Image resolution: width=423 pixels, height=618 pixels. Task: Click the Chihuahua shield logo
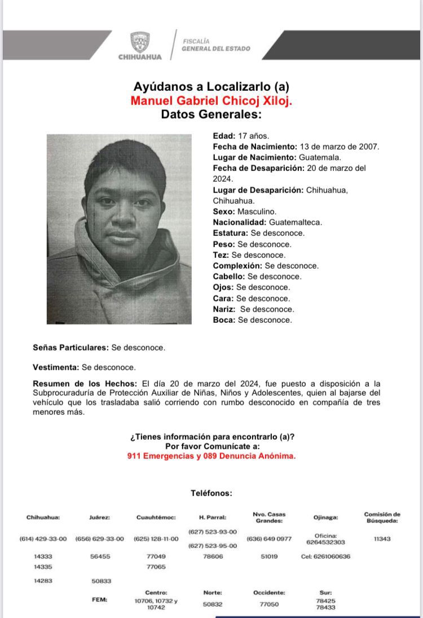140,41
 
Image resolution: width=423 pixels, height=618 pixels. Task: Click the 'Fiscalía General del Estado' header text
215,45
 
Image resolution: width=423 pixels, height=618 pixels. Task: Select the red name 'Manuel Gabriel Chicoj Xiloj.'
211,100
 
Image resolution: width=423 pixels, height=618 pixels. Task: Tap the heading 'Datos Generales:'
211,114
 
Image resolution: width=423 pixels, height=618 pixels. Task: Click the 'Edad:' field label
223,135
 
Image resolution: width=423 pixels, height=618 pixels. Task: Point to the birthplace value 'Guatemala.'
320,157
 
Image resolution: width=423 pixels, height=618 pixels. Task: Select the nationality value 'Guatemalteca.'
296,222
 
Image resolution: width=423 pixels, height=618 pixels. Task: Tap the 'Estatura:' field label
230,233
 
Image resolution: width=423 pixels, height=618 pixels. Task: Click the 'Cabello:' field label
229,277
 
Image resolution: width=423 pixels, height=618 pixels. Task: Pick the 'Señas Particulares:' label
70,348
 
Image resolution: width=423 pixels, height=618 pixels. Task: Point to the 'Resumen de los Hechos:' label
85,384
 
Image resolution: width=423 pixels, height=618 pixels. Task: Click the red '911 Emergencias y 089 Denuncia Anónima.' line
211,456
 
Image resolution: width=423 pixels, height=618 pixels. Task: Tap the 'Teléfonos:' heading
211,493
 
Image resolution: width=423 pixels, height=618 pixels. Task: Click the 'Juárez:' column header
99,518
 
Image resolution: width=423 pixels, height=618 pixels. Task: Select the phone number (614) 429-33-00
43,539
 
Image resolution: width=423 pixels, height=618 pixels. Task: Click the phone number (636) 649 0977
269,539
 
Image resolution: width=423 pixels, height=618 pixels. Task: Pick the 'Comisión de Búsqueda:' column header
382,518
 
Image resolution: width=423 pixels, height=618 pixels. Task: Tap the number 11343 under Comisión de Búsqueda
382,539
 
